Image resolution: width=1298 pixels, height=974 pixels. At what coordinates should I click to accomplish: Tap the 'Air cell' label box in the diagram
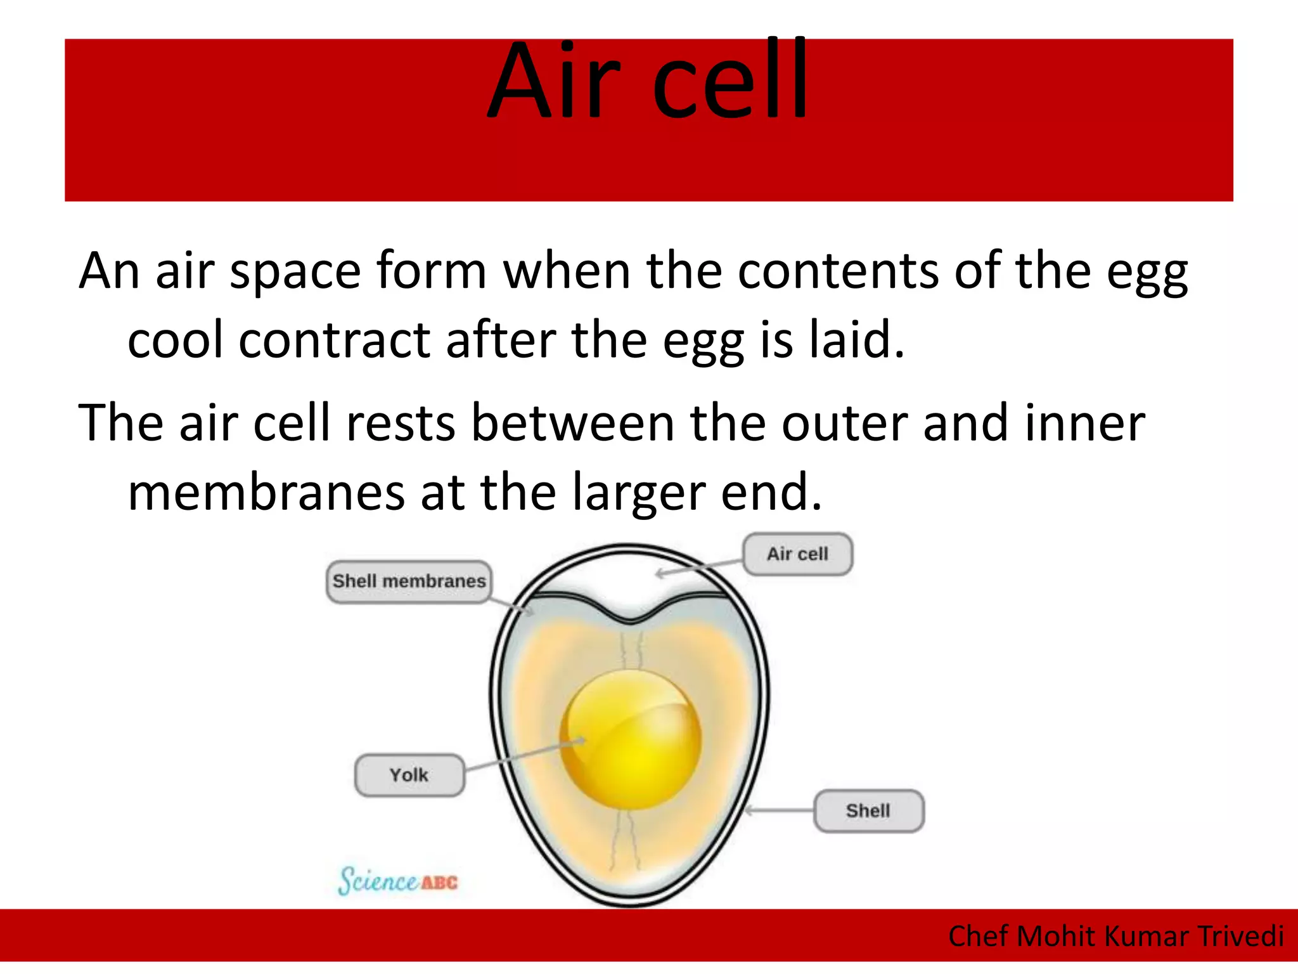coord(797,554)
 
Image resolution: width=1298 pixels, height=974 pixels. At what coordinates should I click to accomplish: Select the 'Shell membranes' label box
coord(409,581)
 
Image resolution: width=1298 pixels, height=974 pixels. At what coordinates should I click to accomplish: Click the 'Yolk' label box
coord(409,775)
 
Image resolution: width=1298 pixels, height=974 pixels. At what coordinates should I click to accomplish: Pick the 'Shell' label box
coord(868,810)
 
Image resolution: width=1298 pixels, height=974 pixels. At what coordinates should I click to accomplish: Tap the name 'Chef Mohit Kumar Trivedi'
coord(1115,936)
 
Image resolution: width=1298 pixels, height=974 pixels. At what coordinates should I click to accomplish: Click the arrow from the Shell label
coord(780,810)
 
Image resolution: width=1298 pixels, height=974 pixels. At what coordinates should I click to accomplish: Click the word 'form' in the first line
coord(431,271)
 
